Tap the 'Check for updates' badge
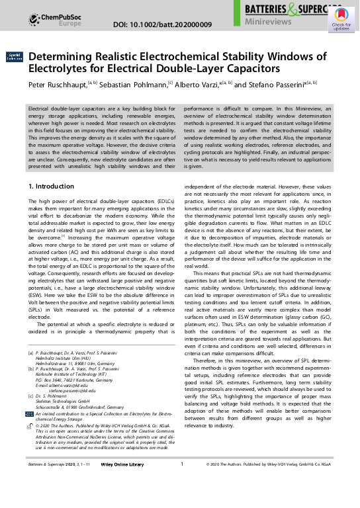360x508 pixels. pos(341,23)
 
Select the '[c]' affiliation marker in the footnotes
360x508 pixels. pos(30,395)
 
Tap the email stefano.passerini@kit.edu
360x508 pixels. pos(77,390)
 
